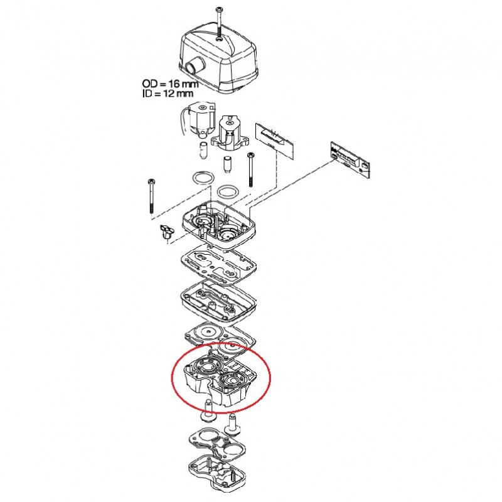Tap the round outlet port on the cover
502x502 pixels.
[194, 67]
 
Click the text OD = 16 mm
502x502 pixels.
[170, 84]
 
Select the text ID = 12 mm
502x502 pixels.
[168, 93]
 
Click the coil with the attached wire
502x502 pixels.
[198, 120]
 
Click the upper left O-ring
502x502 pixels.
[203, 178]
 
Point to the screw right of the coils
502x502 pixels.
[250, 169]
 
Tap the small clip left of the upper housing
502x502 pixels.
[166, 232]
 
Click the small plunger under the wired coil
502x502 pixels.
[203, 149]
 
